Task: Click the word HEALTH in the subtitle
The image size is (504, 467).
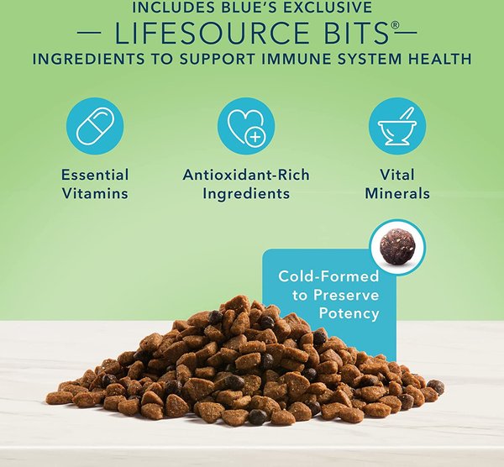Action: click(433, 60)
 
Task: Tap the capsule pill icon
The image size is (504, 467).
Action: click(94, 126)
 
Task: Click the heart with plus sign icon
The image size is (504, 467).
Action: click(245, 126)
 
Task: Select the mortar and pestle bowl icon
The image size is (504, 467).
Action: click(396, 126)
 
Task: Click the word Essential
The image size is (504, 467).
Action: click(94, 175)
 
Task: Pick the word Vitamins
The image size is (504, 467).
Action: click(94, 193)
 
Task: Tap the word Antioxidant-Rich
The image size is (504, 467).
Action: click(245, 175)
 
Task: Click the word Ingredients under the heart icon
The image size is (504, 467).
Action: click(245, 193)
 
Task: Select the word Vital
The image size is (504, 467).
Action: click(397, 175)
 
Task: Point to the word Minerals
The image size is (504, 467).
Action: click(397, 193)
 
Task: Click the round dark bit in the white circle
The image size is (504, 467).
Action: click(397, 248)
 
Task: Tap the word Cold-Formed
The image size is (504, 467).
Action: click(328, 276)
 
